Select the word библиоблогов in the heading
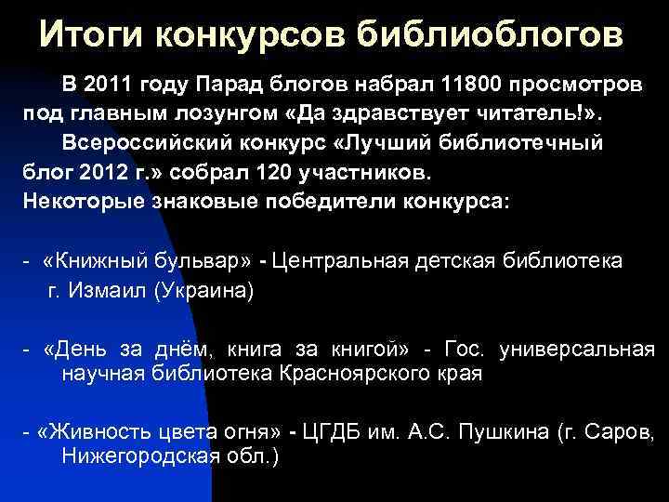490,34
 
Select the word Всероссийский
146,145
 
